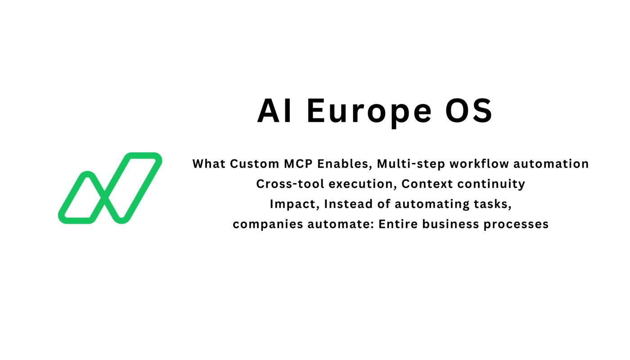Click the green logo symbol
point(110,188)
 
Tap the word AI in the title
point(274,111)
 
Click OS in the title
point(469,111)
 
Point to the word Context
point(424,184)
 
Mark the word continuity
point(488,184)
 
